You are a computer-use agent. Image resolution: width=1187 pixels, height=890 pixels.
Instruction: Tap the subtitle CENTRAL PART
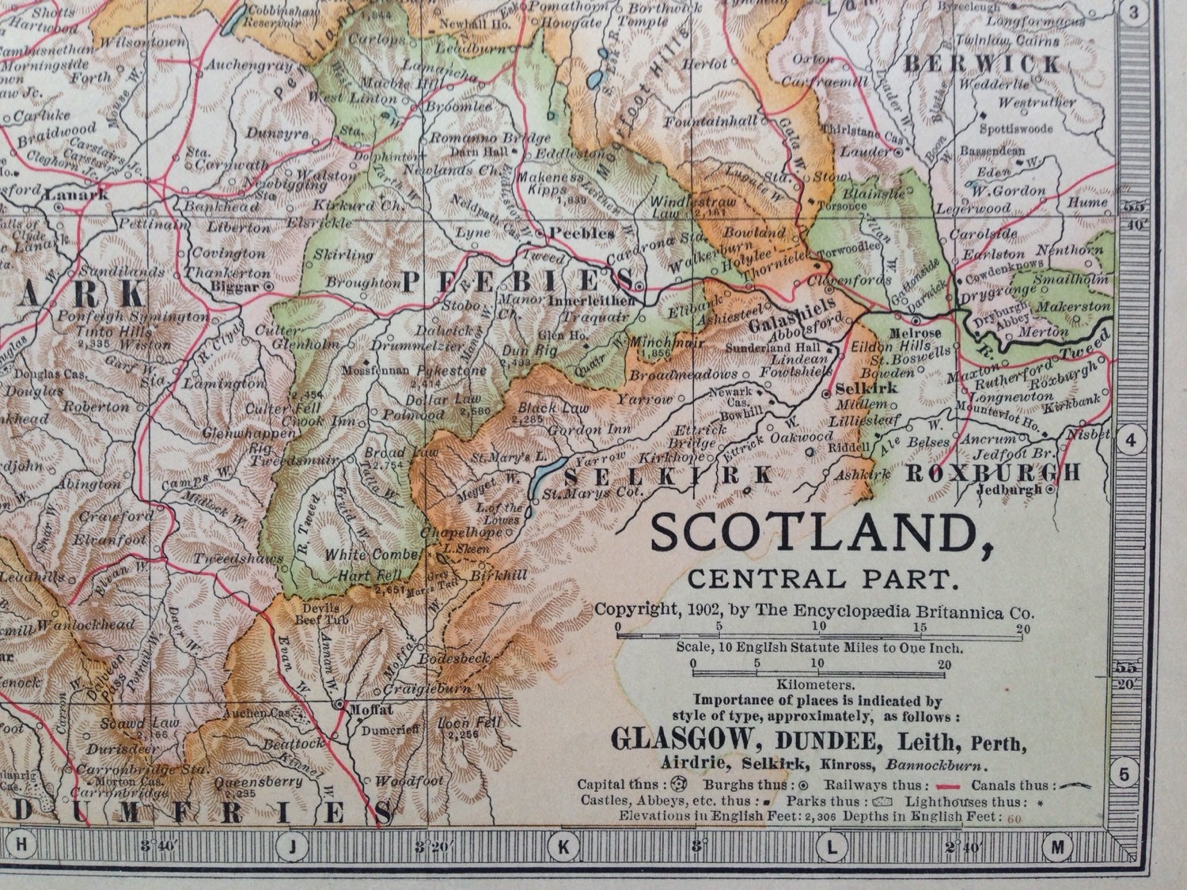coord(823,580)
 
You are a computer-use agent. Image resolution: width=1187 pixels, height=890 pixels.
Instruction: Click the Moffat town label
coord(366,710)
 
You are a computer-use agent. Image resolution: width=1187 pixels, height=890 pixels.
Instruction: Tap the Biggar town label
coord(237,285)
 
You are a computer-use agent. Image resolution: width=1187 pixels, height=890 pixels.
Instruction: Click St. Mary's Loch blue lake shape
coord(544,476)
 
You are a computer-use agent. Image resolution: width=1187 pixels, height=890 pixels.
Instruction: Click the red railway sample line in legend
coord(947,786)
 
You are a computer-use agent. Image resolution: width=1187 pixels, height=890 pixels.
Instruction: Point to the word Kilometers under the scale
coord(819,685)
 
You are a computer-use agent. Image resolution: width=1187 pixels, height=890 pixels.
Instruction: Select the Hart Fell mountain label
coord(358,575)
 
